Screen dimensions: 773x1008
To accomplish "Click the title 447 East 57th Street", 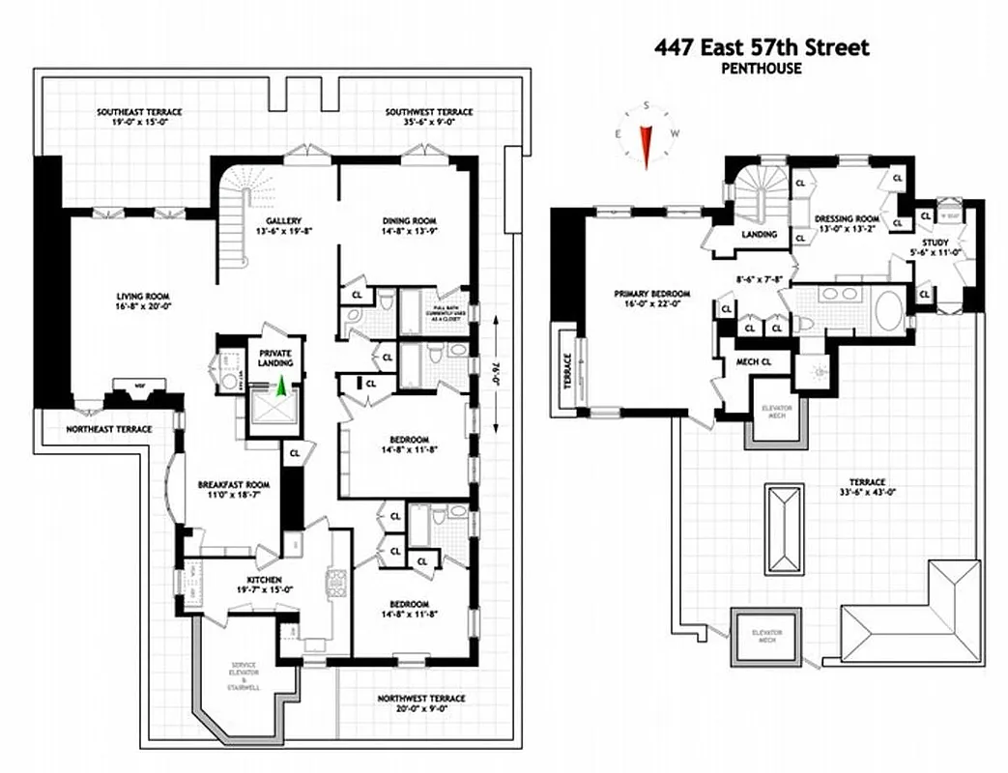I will [762, 47].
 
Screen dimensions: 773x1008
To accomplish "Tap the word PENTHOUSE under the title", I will [762, 69].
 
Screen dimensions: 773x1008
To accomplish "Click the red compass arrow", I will [647, 141].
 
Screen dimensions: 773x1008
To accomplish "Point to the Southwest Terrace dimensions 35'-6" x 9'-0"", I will [429, 124].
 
